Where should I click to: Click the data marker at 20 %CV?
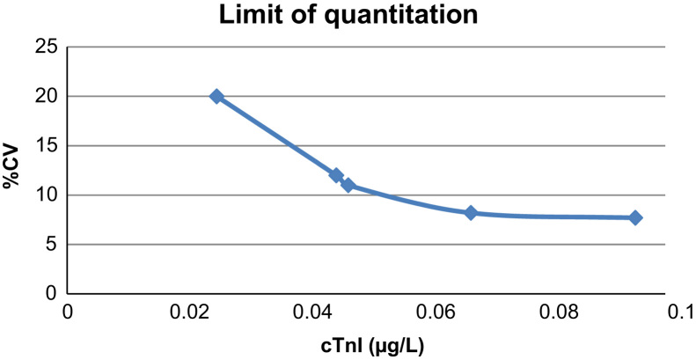click(216, 96)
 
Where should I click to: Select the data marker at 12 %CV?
click(336, 175)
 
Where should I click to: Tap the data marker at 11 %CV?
click(348, 185)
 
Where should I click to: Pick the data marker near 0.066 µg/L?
click(471, 213)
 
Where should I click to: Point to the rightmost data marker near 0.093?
click(635, 217)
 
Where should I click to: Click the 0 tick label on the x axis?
click(67, 312)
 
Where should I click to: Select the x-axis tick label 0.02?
click(189, 312)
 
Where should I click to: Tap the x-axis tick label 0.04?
click(312, 312)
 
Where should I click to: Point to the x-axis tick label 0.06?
click(435, 312)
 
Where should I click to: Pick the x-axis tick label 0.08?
click(558, 312)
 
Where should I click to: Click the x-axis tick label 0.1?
click(678, 312)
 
